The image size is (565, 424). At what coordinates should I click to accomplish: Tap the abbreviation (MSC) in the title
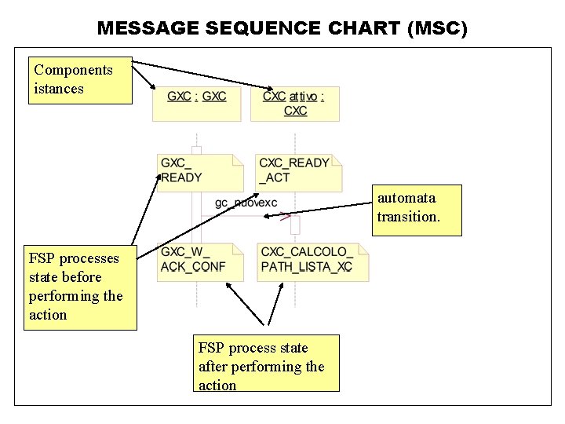coord(437,29)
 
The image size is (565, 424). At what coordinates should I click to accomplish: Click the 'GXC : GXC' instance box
coord(196,103)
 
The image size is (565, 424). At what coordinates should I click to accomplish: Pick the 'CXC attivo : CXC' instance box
coord(295,103)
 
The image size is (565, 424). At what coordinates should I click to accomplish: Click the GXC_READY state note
coord(200,171)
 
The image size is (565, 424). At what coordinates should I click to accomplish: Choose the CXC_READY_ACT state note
coord(299,171)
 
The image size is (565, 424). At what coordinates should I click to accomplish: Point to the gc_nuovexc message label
coord(246,203)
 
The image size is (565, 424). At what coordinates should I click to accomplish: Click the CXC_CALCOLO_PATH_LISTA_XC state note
coord(312,261)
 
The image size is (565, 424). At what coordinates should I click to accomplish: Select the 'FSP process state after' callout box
coord(266,364)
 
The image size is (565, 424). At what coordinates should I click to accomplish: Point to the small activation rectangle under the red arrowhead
coord(295,225)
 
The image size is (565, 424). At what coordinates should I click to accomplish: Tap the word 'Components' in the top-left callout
coord(73,70)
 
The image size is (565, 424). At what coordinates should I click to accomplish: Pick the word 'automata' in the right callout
coord(406,198)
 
